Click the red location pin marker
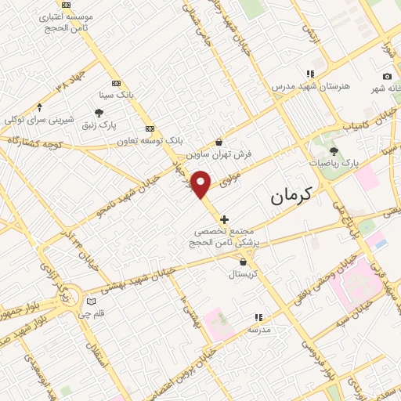(201, 185)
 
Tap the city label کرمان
(291, 196)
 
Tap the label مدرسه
(258, 330)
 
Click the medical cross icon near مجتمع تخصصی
(225, 219)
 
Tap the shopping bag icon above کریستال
(247, 262)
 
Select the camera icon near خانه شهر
(387, 76)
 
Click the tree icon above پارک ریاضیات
(334, 150)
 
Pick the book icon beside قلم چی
(91, 302)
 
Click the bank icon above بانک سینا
(117, 83)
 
